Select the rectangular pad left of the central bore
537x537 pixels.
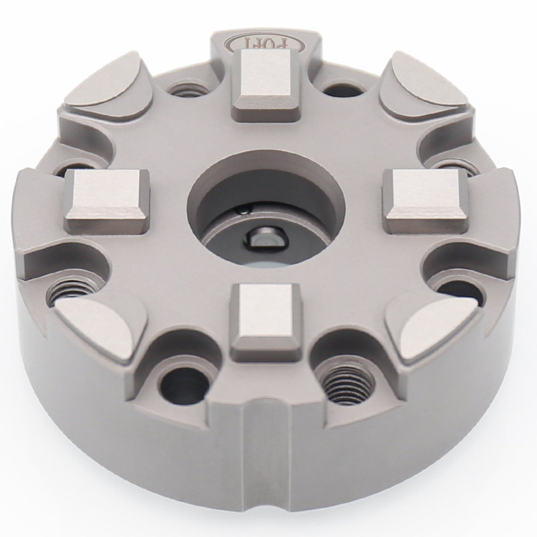(107, 197)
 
